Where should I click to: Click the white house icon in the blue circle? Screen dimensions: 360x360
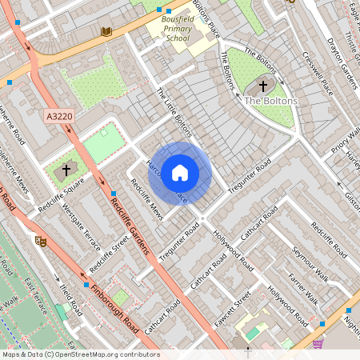tap(180, 172)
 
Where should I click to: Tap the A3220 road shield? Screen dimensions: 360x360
tap(58, 117)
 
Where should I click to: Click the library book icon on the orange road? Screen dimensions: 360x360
tap(106, 31)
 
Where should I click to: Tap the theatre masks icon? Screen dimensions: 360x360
tap(42, 240)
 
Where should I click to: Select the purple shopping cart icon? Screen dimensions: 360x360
tap(318, 344)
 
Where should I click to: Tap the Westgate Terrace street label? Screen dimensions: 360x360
tap(81, 226)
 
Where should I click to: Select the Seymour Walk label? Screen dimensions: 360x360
tap(310, 262)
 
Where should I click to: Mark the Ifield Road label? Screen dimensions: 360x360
tap(71, 298)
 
